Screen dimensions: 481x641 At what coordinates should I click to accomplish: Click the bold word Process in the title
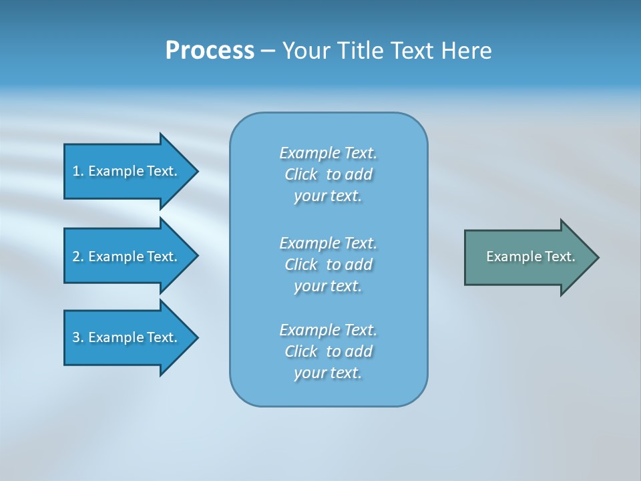coord(210,51)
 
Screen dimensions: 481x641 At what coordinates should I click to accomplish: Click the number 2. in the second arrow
coord(77,257)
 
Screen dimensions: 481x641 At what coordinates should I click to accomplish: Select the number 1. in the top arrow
coord(77,171)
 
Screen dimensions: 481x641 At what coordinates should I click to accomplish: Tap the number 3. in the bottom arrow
coord(77,337)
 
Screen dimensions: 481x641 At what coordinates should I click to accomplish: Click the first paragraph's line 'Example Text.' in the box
coord(329,153)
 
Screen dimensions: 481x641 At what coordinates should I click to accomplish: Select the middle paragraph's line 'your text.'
coord(328,286)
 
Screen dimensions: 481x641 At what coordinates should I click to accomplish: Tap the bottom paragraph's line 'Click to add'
coord(329,351)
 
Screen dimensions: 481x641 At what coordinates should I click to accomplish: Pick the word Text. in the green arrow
coord(560,257)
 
